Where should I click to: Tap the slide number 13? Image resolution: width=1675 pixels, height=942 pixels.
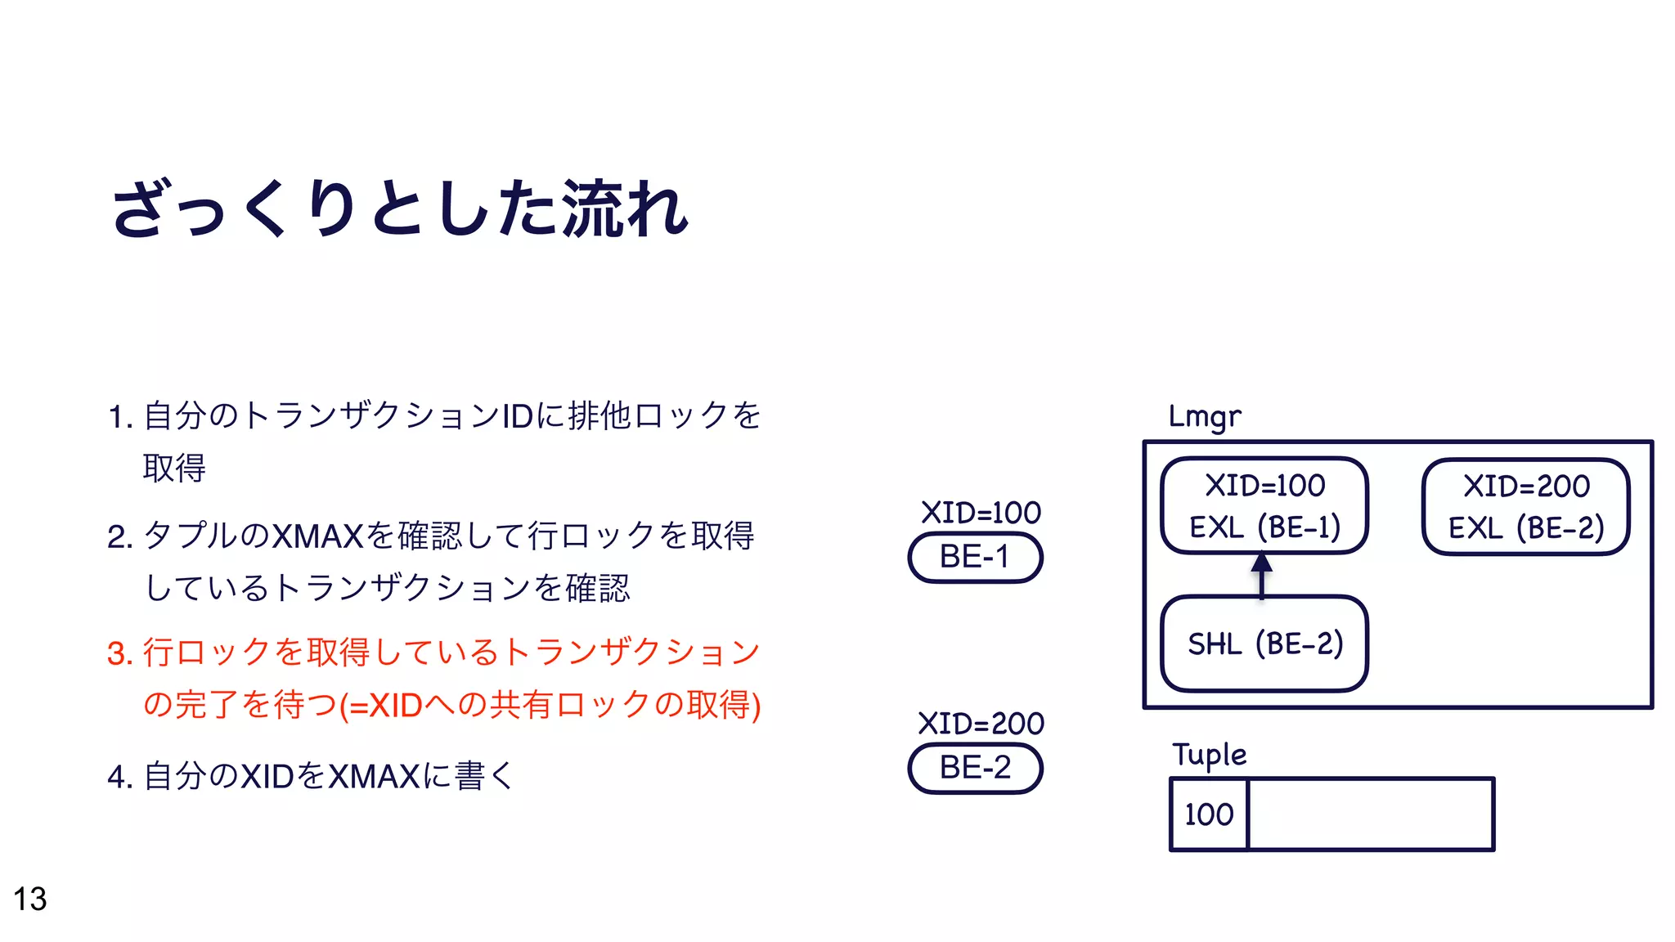(30, 899)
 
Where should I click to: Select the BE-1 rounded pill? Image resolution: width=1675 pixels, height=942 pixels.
(975, 558)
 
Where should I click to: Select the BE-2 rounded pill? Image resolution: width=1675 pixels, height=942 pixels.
(975, 769)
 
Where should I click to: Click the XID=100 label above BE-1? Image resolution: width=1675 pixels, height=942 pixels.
(981, 513)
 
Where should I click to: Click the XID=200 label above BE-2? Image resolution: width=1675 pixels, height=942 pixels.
(981, 724)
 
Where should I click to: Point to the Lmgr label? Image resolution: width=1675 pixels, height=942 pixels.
(1205, 417)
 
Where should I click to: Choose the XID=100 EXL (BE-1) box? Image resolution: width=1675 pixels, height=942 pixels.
(1264, 505)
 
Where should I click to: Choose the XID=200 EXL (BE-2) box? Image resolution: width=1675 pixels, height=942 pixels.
(1526, 506)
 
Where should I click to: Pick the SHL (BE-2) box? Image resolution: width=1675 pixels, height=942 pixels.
(1264, 644)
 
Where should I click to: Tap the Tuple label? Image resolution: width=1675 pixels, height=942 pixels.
(1209, 755)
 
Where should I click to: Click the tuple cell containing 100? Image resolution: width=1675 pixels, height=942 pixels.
(1209, 814)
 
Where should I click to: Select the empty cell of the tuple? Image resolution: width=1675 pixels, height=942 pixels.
(1371, 814)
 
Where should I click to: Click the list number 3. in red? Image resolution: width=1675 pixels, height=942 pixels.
(119, 653)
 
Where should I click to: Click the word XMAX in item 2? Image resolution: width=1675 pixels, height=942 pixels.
(317, 536)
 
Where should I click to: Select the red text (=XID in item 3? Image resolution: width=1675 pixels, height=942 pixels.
(381, 705)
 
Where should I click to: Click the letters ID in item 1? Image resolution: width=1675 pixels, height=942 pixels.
(518, 416)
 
